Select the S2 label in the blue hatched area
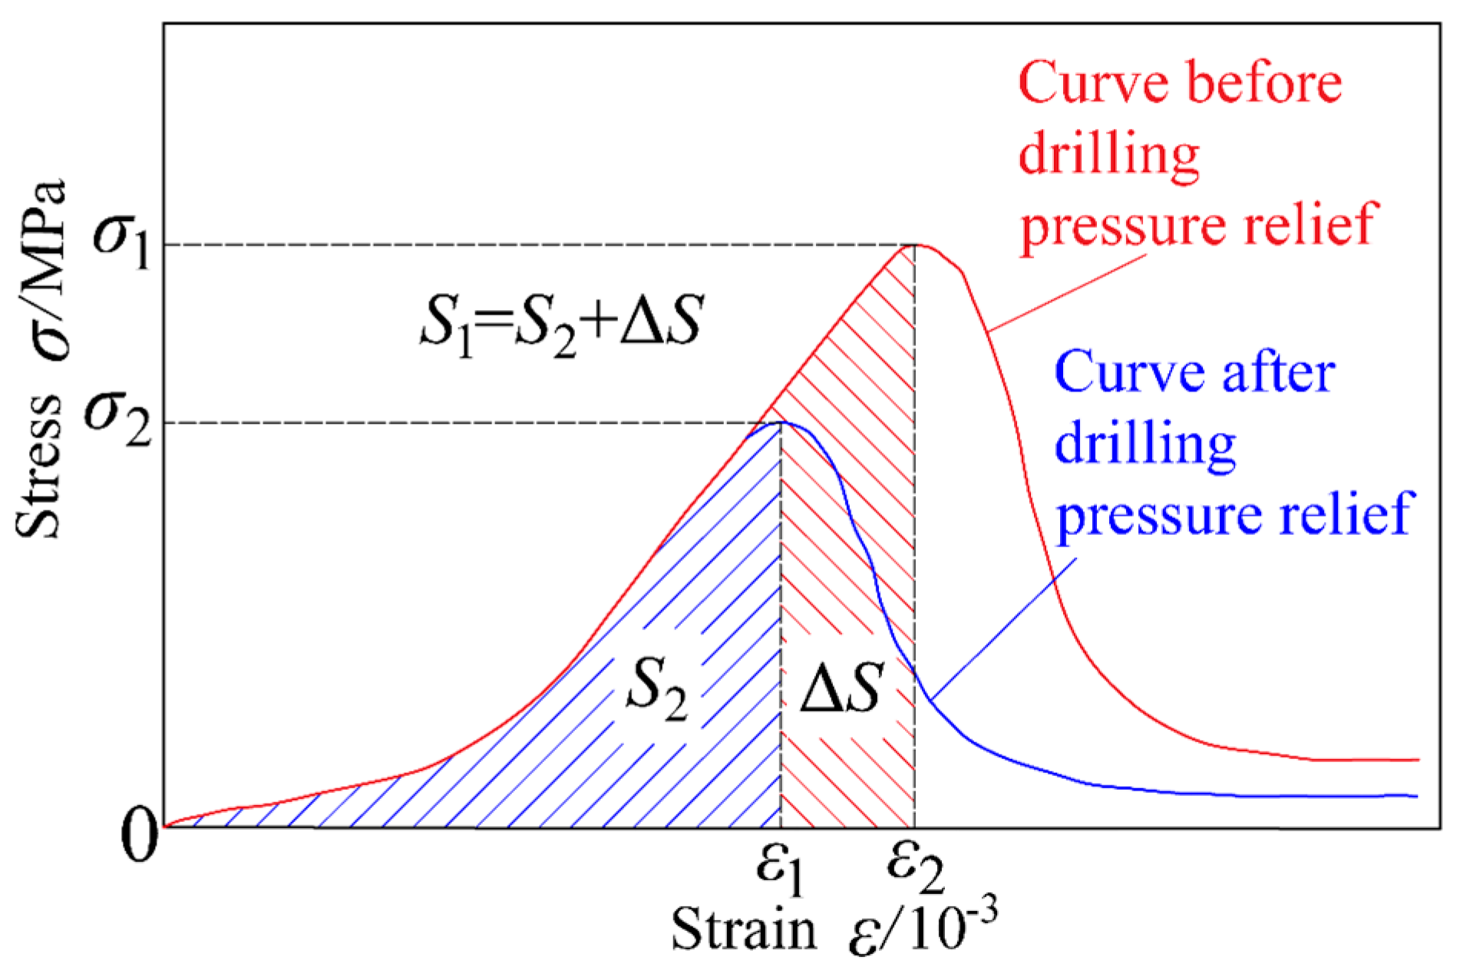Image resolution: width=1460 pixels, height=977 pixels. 656,687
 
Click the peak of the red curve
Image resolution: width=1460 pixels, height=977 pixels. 918,245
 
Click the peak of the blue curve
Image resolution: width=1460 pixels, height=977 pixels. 782,422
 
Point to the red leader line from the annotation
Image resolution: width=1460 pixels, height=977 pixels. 1067,292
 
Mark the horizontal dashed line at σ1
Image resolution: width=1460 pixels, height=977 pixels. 537,246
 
